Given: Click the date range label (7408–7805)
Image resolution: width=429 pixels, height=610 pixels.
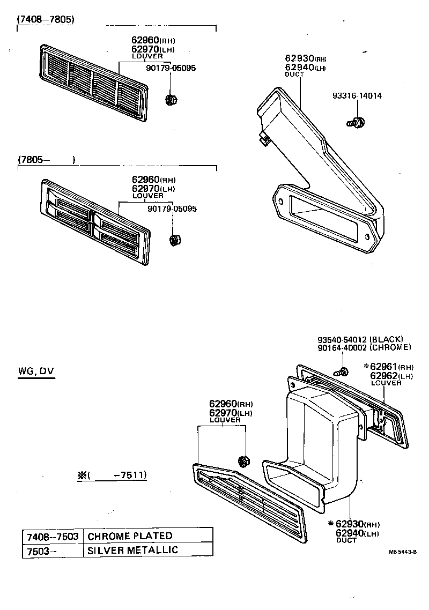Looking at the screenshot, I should [x=46, y=19].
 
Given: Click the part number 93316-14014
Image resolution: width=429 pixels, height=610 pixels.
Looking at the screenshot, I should [x=357, y=96].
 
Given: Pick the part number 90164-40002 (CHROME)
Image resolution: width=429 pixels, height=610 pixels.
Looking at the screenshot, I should [x=364, y=347].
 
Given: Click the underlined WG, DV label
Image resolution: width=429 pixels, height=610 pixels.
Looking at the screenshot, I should [x=35, y=371].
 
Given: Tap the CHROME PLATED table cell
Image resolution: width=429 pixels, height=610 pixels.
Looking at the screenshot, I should [x=130, y=536].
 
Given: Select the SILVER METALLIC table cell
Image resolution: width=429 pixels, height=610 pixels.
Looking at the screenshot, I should [x=132, y=550].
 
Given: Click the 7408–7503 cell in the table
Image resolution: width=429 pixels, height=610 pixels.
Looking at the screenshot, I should [x=53, y=536].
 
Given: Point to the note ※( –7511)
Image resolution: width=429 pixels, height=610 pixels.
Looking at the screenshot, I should [x=112, y=475].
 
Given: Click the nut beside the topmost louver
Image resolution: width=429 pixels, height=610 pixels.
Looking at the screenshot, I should [x=172, y=99].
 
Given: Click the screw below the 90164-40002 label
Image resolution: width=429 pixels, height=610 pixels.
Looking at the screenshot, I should [x=341, y=371].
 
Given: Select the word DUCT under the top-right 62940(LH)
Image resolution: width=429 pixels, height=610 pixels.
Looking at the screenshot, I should [x=294, y=75].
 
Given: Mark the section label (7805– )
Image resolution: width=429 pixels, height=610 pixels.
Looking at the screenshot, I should [x=46, y=160].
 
